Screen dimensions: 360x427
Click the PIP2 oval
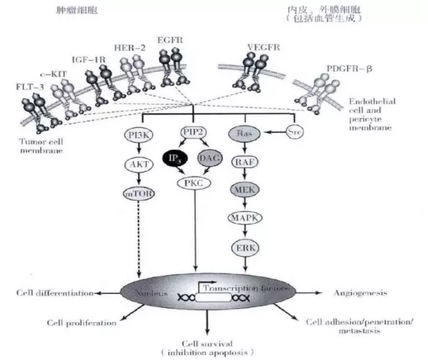click(x=195, y=132)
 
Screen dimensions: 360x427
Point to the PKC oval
click(x=193, y=183)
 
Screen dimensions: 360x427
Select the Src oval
click(x=295, y=132)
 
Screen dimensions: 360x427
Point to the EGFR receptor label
click(x=170, y=40)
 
